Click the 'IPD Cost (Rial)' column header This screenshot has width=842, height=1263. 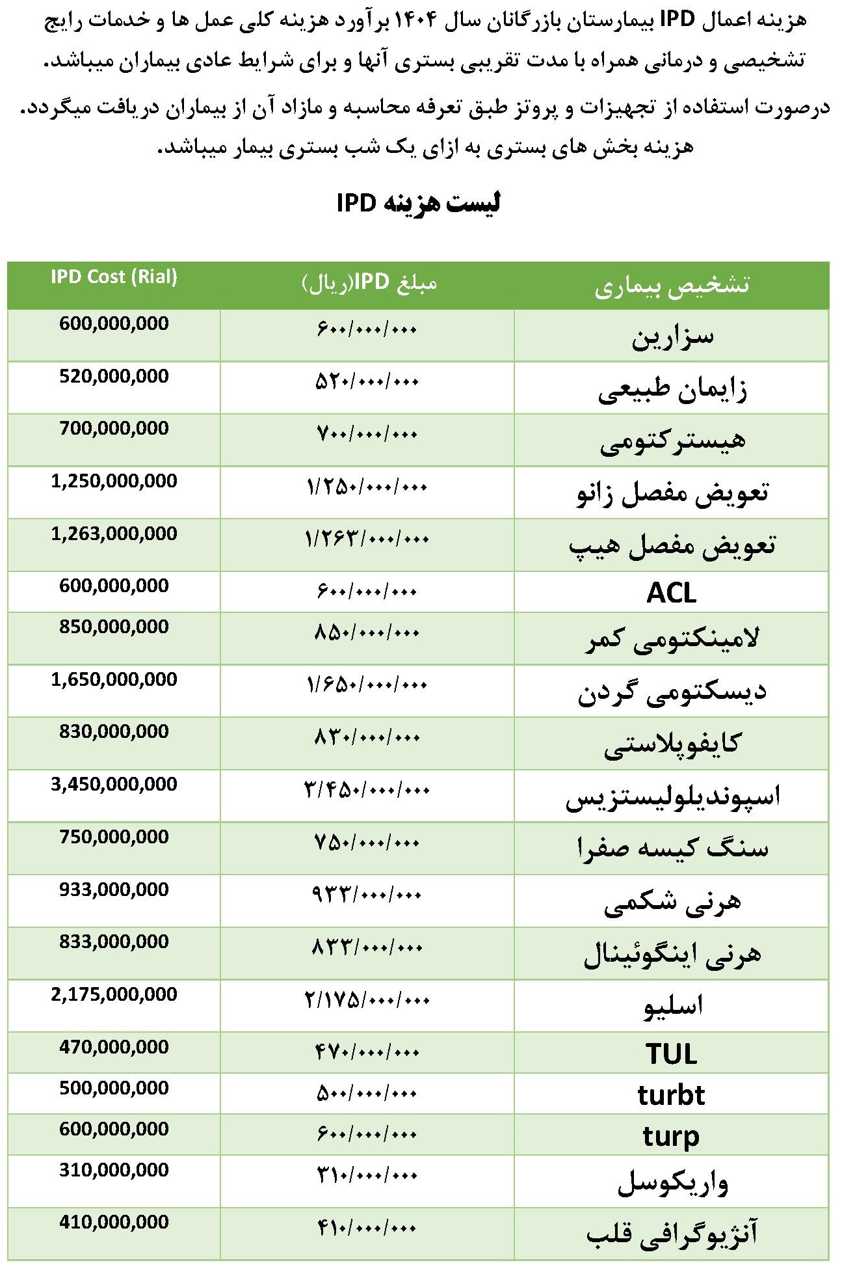[114, 277]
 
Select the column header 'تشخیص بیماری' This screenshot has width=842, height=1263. [672, 286]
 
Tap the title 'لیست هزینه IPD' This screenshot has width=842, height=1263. [418, 204]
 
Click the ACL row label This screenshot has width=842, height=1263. [672, 593]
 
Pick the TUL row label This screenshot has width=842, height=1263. [672, 1053]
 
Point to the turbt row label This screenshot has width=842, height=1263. [672, 1095]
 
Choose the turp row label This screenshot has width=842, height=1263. [672, 1136]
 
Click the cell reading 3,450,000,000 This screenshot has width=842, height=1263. [114, 784]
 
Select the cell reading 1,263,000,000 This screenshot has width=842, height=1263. [114, 534]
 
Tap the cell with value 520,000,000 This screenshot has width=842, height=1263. [114, 376]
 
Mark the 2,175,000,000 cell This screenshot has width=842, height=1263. [114, 994]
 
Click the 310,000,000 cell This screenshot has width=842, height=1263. [114, 1170]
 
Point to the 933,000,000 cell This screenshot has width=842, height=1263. [114, 890]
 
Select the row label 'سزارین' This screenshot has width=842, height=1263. [672, 336]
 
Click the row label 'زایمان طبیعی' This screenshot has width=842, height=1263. [672, 389]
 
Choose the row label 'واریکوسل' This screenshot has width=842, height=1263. [672, 1182]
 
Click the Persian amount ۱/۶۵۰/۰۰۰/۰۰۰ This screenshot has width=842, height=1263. [367, 685]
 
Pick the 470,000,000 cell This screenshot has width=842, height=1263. [114, 1047]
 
